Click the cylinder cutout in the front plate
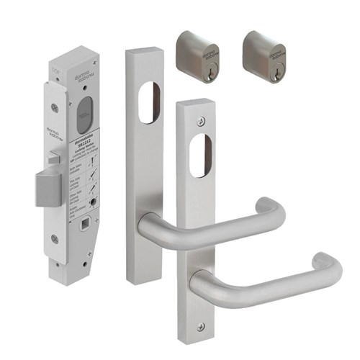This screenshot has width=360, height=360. click(199, 151)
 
